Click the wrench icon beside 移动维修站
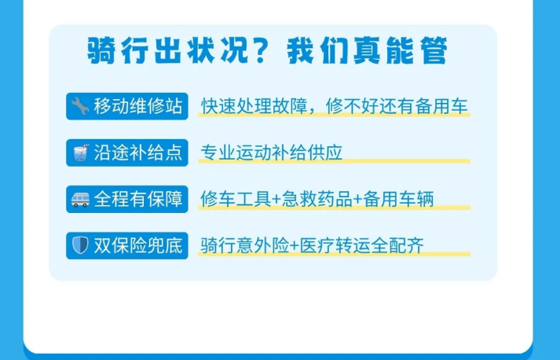(x=80, y=106)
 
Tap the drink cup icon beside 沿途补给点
(x=80, y=152)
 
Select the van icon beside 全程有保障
(x=80, y=199)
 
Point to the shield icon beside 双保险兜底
(x=80, y=245)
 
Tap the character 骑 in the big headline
(x=101, y=50)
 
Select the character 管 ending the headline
(x=434, y=50)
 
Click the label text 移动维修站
(x=138, y=106)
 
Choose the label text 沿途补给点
(x=138, y=152)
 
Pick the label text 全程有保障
(x=138, y=199)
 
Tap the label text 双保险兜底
(x=138, y=245)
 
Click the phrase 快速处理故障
(x=254, y=106)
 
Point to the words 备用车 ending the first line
(x=441, y=106)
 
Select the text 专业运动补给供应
(x=272, y=152)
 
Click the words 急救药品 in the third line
(x=317, y=199)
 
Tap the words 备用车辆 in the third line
(x=398, y=199)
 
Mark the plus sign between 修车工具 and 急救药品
(x=276, y=200)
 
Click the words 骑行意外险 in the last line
(x=244, y=245)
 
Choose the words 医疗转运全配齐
(x=362, y=245)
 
